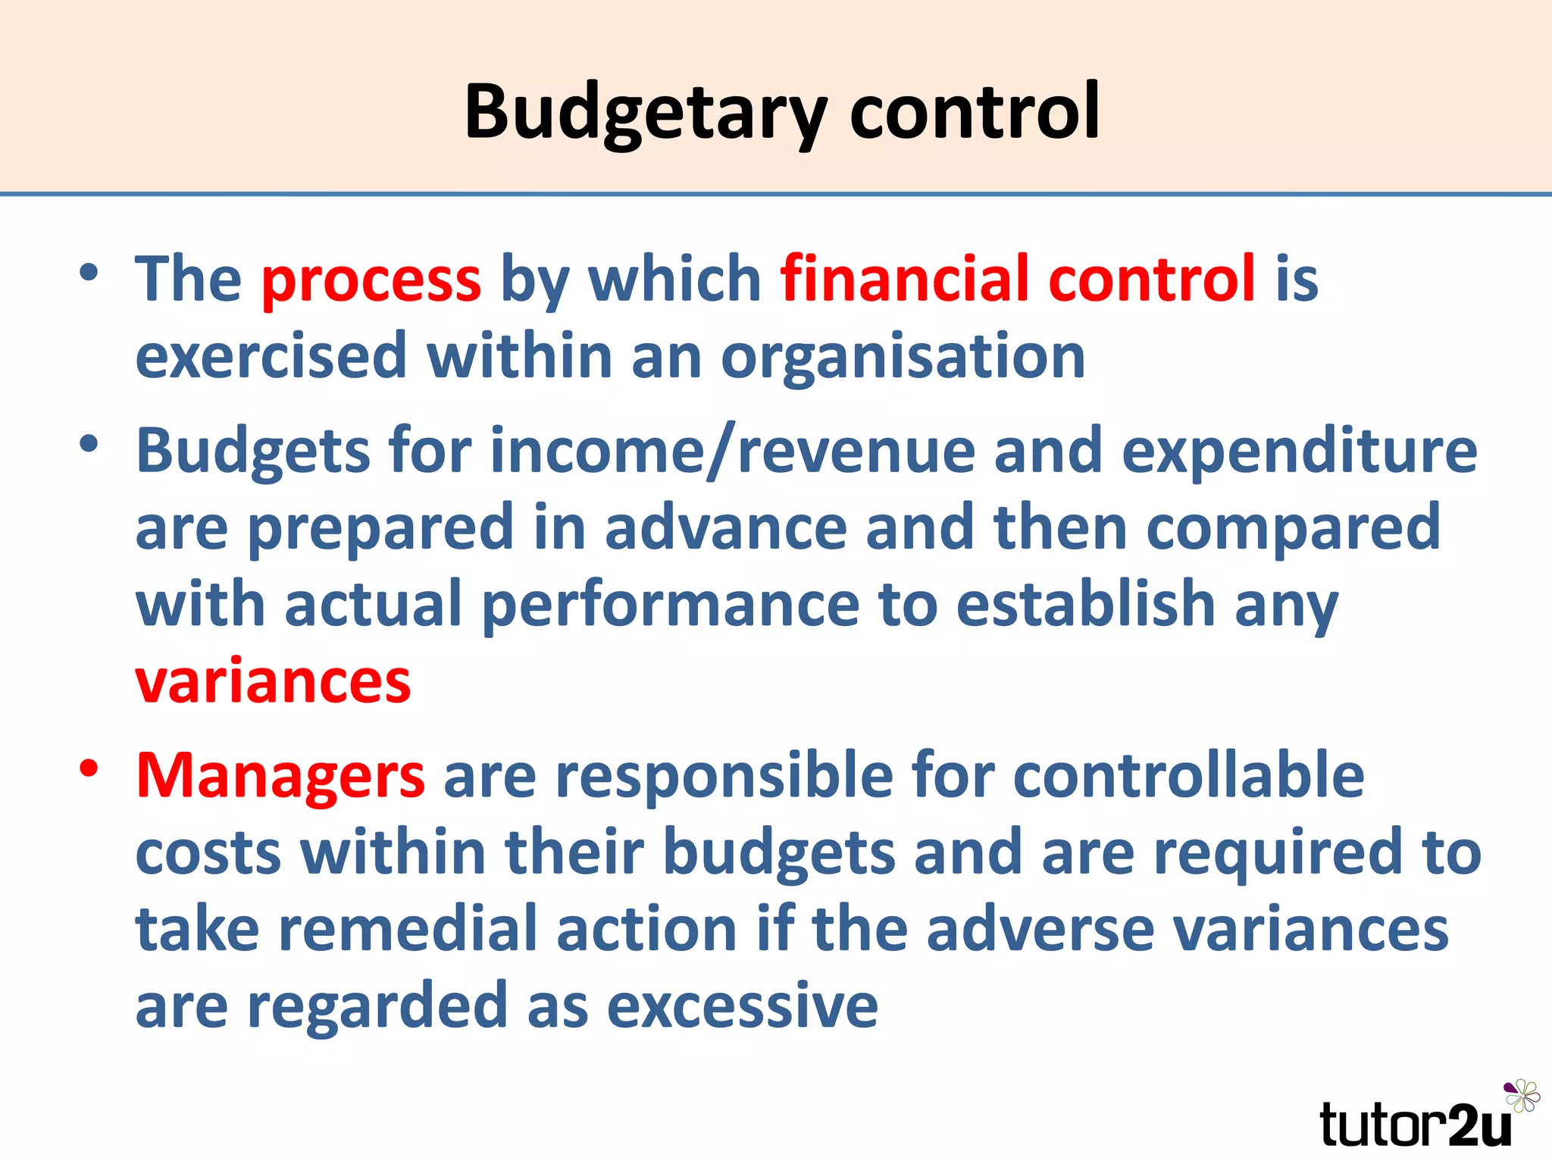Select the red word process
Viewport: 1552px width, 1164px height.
coord(371,279)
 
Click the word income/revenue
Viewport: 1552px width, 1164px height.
coord(732,452)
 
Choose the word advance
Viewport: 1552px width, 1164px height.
coord(725,527)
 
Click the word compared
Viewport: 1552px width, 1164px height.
coord(1293,529)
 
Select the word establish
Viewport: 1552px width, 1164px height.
coord(1085,604)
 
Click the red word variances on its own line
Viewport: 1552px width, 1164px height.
coord(273,681)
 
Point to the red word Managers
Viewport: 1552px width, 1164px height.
coord(280,777)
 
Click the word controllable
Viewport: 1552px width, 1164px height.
coord(1188,775)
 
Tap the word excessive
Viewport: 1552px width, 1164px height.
coord(742,1006)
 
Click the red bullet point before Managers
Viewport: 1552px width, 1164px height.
coord(89,768)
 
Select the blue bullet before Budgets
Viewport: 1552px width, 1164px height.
coord(89,444)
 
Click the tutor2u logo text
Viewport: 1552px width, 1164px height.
coord(1416,1125)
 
